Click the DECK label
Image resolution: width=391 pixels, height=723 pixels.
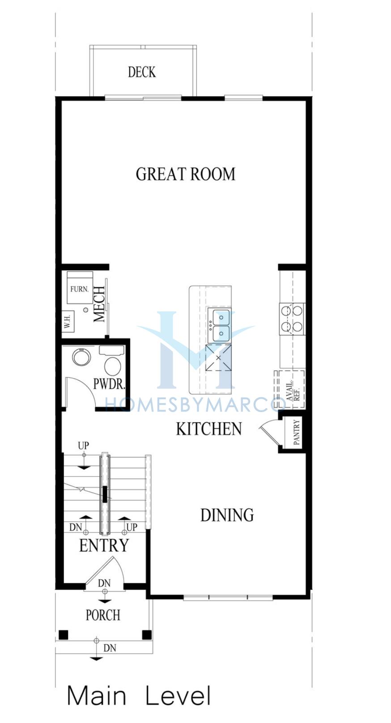[142, 72]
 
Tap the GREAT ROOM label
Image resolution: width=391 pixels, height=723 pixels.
[185, 174]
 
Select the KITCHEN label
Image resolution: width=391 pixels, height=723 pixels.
[209, 429]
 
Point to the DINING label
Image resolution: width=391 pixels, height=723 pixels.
[227, 515]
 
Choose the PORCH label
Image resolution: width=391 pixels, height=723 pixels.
[103, 615]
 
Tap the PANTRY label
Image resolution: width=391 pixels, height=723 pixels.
[297, 432]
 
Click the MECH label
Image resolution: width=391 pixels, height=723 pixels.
[99, 304]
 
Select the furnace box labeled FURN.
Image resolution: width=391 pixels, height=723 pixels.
[80, 288]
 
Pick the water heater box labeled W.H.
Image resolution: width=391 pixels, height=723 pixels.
[68, 321]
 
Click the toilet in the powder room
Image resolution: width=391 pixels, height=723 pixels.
[112, 360]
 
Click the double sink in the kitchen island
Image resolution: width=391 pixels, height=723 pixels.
[219, 325]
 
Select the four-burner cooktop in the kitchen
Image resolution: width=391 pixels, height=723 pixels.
[292, 319]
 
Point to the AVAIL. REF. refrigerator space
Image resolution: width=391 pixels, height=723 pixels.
[289, 390]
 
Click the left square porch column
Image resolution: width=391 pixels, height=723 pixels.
[63, 635]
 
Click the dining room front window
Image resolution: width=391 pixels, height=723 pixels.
[228, 597]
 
